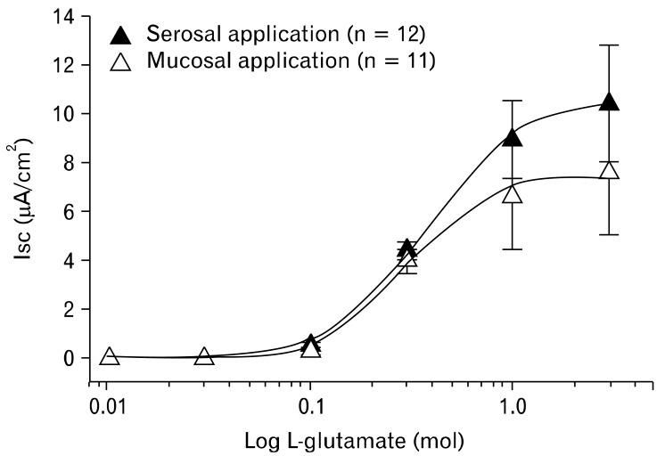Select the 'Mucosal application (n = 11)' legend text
pos(291,62)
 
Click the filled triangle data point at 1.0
pos(512,136)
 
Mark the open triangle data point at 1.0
pos(512,192)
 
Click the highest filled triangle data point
pos(609,102)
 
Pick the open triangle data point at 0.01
pos(109,356)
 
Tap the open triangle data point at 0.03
pos(204,356)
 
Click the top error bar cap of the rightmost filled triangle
pos(609,45)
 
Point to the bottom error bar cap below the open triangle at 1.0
pos(512,248)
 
